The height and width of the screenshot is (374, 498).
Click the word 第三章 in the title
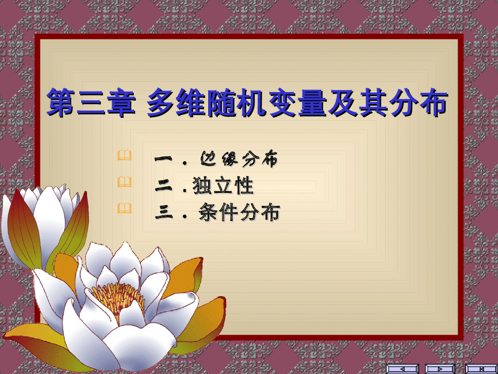(x=90, y=102)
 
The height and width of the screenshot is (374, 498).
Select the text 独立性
(x=223, y=186)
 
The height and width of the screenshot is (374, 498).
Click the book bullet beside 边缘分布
(x=124, y=156)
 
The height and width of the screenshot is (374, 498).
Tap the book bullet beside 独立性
(x=124, y=182)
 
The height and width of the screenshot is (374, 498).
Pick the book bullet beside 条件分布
(x=124, y=209)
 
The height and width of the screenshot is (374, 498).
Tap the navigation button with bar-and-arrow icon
(x=480, y=369)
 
